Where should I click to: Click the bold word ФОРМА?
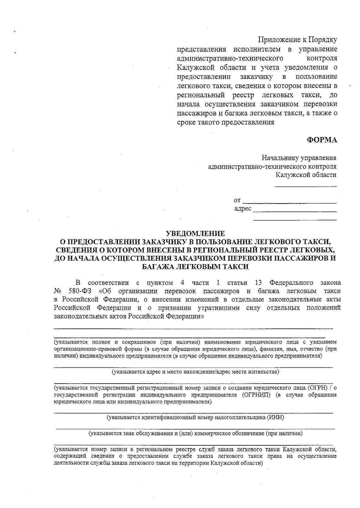coord(322,140)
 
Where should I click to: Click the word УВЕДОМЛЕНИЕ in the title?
coord(195,233)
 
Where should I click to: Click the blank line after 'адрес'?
coord(295,211)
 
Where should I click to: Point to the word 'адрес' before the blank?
coord(243,209)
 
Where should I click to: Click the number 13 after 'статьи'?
coord(258,283)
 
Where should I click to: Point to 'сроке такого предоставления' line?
coord(226,122)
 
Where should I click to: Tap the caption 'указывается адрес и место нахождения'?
coord(195,372)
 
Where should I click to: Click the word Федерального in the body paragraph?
coord(291,283)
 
